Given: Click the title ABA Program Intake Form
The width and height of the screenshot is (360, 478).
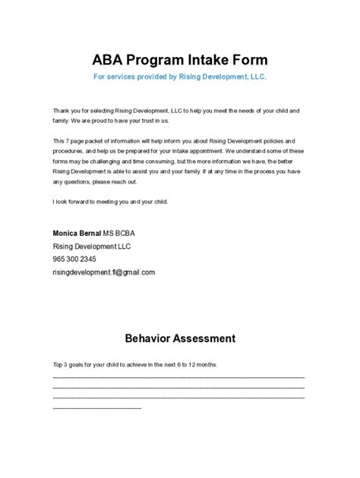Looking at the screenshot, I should point(179,60).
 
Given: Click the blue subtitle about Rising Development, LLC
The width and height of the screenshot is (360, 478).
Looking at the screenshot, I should point(179,77).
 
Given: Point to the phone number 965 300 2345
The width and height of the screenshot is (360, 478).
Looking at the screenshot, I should point(74,259).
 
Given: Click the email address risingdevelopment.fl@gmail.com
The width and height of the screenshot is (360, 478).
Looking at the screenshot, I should point(103,272).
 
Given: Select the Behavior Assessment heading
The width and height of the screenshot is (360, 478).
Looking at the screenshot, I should point(179,338).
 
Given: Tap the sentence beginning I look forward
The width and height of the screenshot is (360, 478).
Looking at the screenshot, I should point(110,201).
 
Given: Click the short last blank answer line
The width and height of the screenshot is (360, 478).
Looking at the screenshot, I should point(96,407).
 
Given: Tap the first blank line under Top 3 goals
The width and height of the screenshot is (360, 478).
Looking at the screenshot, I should point(178,376).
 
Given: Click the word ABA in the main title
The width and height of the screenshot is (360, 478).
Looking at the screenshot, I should point(109,60).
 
